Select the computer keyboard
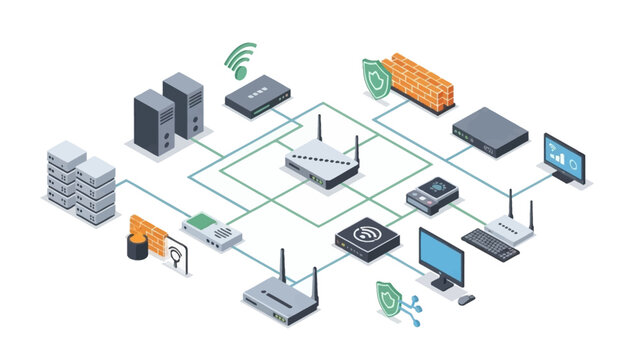[490, 244]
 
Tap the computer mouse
[466, 297]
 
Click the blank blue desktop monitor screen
[441, 257]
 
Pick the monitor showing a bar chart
[565, 158]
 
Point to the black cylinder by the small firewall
[136, 247]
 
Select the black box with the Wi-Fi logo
[366, 239]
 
